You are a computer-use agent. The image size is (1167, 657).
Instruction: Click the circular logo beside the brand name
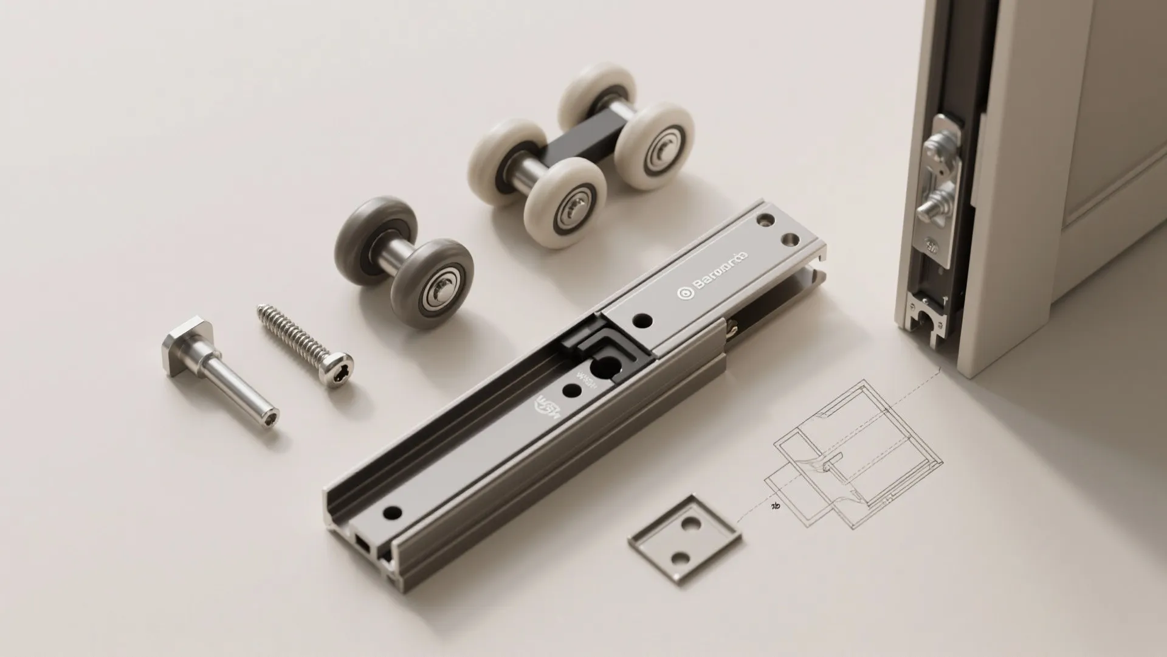684,293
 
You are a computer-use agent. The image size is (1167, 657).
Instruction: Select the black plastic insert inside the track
602,353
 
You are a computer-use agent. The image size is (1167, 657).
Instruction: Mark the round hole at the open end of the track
393,512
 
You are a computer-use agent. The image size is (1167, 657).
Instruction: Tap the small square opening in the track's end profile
362,543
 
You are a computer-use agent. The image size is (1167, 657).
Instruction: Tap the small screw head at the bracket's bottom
931,248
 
